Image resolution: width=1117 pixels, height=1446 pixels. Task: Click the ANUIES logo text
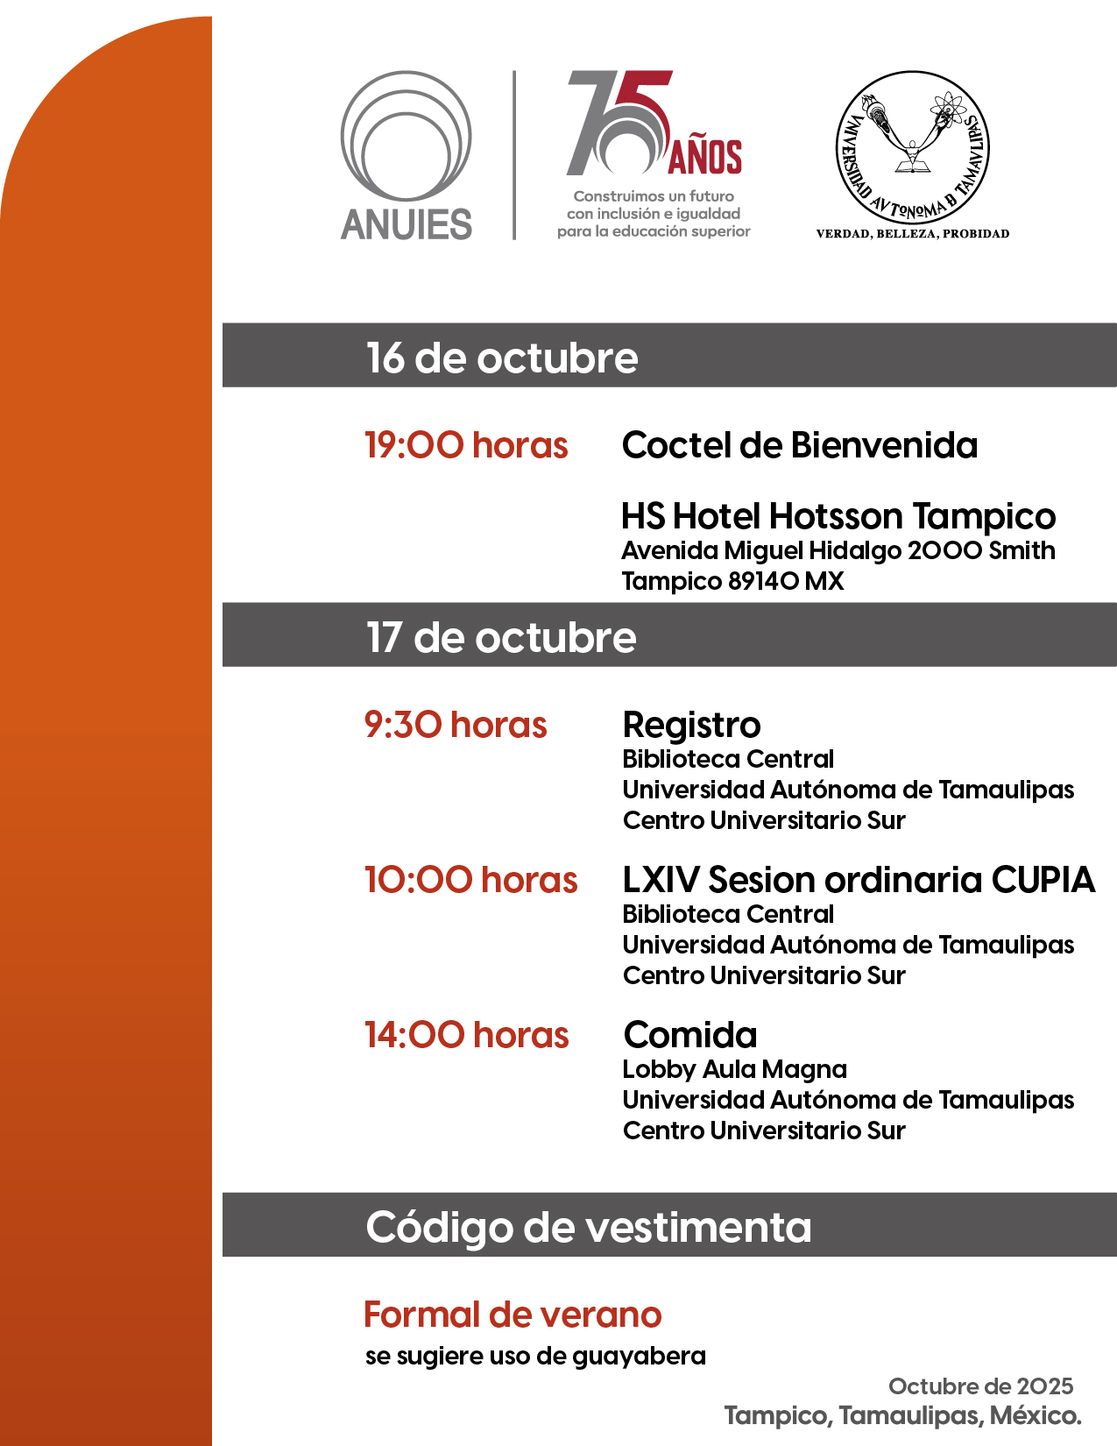coord(407,224)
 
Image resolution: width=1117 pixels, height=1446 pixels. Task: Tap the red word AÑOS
coord(705,157)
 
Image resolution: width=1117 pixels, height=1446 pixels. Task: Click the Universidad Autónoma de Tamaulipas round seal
coord(912,147)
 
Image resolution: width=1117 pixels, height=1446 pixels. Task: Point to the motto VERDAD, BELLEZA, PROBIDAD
coord(912,234)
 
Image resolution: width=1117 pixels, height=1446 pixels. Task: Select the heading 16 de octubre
coord(501,358)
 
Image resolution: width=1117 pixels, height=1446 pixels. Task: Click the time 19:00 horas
coord(466,445)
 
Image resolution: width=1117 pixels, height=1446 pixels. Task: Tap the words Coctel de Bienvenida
coord(799,445)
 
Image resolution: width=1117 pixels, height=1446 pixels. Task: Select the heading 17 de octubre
coord(501,637)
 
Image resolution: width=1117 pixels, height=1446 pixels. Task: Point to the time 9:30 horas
coord(456,725)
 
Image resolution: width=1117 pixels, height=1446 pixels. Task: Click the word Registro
coord(691,725)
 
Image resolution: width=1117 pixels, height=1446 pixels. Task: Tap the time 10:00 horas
coord(470,880)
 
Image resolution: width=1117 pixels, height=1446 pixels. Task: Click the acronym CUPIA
coord(1043,880)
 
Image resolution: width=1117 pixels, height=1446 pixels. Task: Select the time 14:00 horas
coord(466,1035)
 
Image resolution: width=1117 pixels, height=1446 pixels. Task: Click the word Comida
coord(690,1035)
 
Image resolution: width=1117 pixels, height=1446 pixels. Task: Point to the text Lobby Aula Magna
coord(734,1069)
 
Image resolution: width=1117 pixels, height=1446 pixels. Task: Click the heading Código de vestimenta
coord(588,1227)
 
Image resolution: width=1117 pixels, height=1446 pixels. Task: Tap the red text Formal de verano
coord(513,1315)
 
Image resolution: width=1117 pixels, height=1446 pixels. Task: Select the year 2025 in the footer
coord(1044,1386)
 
